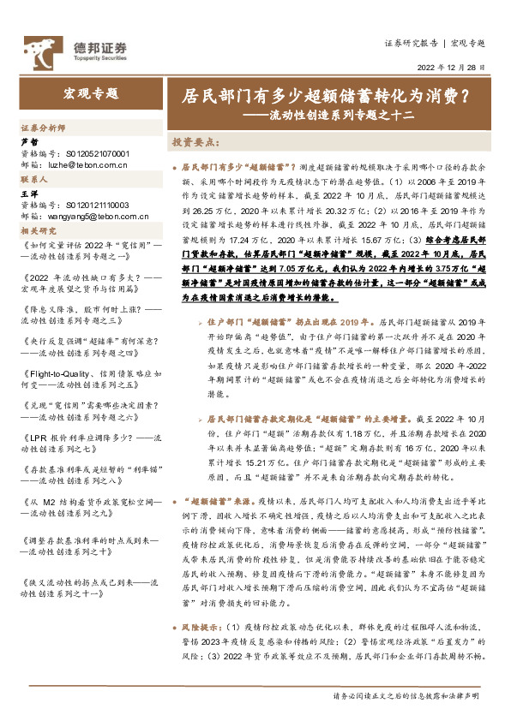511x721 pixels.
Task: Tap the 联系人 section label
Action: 37,181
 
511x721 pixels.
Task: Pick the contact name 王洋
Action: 29,195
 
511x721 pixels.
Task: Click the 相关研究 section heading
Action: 38,230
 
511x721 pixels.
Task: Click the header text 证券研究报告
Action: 411,42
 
